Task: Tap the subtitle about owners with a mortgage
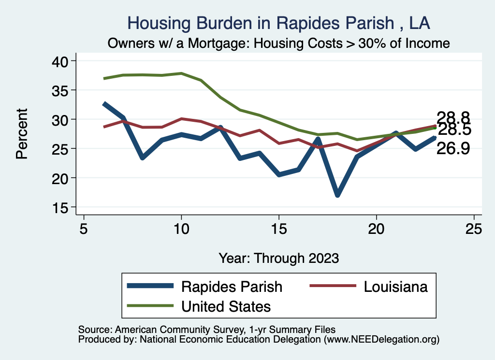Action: coord(279,43)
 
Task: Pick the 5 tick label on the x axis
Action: coord(84,229)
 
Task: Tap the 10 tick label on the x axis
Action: coord(181,229)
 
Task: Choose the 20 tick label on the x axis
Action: coord(376,229)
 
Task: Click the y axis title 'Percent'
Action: coord(21,134)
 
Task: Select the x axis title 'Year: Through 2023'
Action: coord(279,258)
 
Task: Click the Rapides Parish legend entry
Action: coord(231,286)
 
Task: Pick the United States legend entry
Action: coord(226,306)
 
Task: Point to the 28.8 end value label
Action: coord(453,117)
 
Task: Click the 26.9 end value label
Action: coord(453,149)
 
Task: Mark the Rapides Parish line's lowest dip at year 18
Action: coord(337,194)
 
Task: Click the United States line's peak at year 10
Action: coord(181,73)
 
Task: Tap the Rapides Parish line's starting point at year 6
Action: coord(104,103)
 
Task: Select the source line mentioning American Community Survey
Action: coord(206,330)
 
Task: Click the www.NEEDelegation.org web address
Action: coord(382,339)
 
